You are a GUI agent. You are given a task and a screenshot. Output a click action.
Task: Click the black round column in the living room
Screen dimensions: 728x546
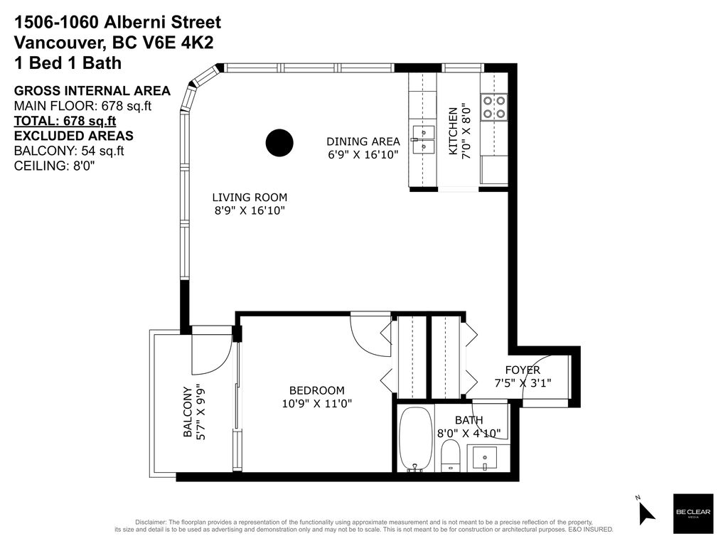pos(279,143)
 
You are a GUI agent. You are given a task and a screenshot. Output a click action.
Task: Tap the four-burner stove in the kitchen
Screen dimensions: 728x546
pos(494,107)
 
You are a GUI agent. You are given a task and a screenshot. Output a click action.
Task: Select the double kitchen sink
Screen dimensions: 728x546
pos(423,139)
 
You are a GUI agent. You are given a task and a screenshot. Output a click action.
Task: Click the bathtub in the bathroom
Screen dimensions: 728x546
pos(415,439)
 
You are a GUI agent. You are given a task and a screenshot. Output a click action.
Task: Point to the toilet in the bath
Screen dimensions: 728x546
pos(450,456)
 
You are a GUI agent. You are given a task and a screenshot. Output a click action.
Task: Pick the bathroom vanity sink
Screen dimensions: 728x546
pos(485,458)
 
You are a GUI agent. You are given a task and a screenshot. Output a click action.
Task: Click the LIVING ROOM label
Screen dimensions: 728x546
pos(250,198)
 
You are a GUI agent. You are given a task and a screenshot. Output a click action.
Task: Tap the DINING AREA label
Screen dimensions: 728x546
pos(363,141)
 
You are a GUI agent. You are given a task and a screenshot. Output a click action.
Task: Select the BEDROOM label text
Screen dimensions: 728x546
pos(317,390)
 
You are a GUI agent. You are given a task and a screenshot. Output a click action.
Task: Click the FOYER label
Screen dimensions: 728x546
pos(523,370)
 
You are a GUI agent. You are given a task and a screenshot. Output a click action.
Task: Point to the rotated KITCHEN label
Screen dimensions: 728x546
pos(453,131)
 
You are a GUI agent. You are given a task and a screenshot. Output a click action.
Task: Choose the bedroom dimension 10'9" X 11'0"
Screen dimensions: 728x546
pos(317,404)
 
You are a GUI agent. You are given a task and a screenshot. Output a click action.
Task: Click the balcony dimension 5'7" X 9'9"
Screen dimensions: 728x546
pos(200,412)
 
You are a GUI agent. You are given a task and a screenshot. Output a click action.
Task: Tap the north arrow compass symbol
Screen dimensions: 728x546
pos(646,510)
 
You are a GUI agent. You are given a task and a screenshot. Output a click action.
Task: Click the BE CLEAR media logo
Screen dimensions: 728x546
pos(693,513)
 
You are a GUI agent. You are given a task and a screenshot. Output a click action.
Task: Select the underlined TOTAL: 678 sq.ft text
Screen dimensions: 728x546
pos(65,121)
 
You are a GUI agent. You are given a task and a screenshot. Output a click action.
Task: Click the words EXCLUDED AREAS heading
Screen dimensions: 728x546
pos(74,136)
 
